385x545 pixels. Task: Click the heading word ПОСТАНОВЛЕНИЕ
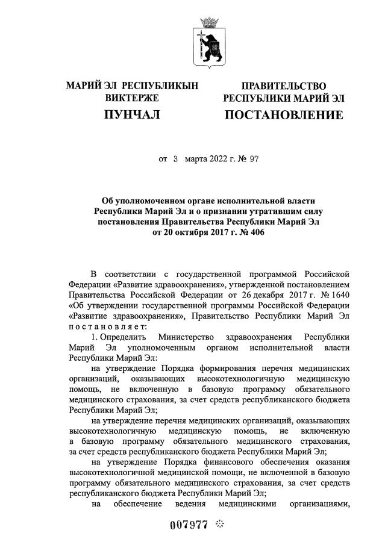click(x=284, y=114)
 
